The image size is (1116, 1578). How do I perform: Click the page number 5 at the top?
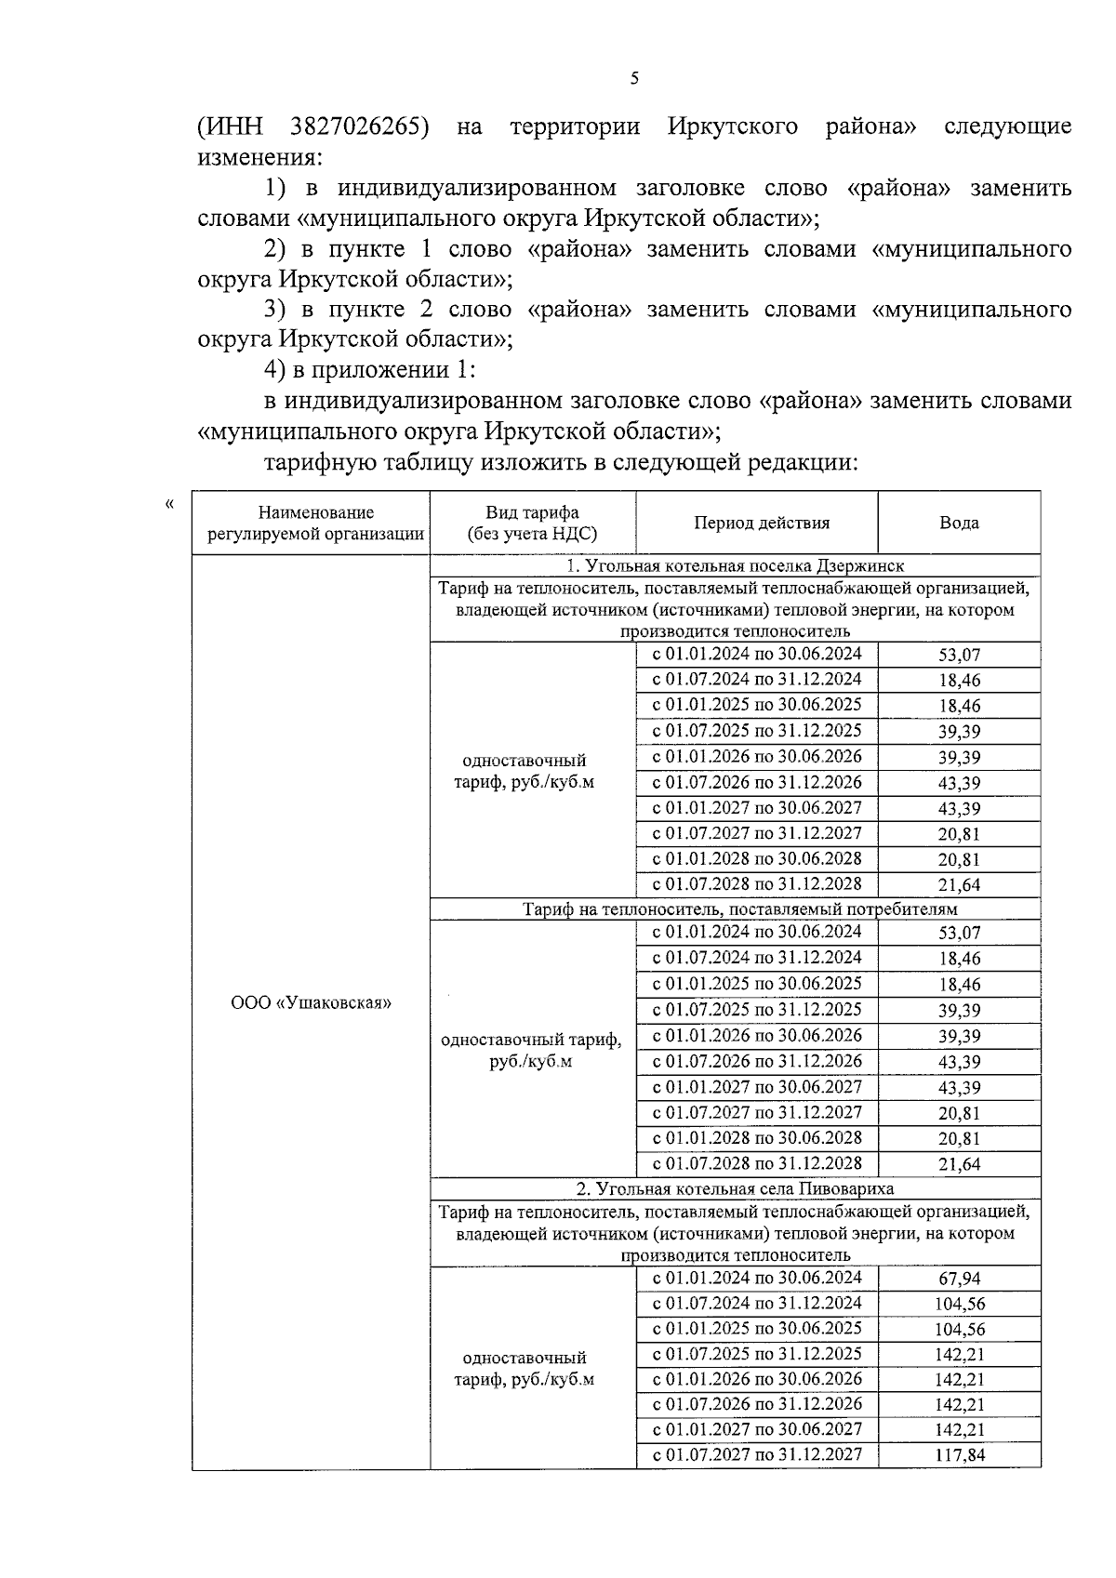(634, 80)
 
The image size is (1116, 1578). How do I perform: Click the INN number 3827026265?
(360, 126)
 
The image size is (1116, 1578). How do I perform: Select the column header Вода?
(959, 523)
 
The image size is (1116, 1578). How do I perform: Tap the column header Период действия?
(761, 523)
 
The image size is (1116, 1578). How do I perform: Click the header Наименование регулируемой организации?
(315, 523)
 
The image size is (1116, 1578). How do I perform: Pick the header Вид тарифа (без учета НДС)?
(532, 523)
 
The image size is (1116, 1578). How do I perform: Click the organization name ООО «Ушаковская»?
(311, 1002)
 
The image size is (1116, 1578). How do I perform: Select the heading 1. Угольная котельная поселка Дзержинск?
(735, 565)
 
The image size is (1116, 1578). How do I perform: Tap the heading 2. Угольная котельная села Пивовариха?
(735, 1187)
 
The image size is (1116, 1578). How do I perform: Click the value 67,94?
(959, 1279)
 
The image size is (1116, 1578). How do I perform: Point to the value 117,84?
(959, 1455)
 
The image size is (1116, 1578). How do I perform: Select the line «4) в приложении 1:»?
(369, 369)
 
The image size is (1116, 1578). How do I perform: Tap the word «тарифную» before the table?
(318, 462)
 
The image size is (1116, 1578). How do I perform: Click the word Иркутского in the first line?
(732, 126)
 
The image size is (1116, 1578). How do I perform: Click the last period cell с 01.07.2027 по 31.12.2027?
(757, 1453)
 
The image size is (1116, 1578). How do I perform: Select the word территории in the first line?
(575, 126)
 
